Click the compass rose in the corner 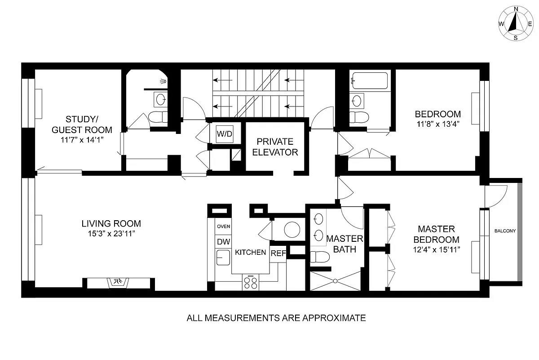[x=516, y=23]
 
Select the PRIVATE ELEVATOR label [x=275, y=147]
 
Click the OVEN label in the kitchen [x=223, y=227]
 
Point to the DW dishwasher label [x=223, y=242]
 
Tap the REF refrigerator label [x=278, y=253]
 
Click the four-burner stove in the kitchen [x=251, y=282]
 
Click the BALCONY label [x=505, y=231]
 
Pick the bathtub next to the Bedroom [x=370, y=81]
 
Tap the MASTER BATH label [x=345, y=243]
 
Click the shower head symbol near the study [x=163, y=81]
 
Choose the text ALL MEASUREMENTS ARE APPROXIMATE [x=276, y=318]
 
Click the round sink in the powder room [x=293, y=229]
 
